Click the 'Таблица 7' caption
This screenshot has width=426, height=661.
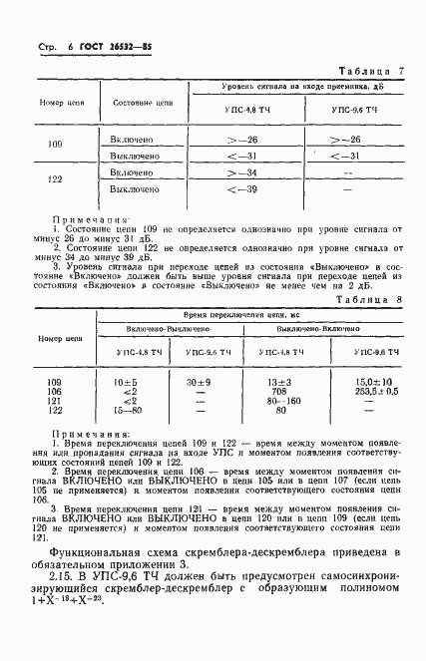tap(370, 72)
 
